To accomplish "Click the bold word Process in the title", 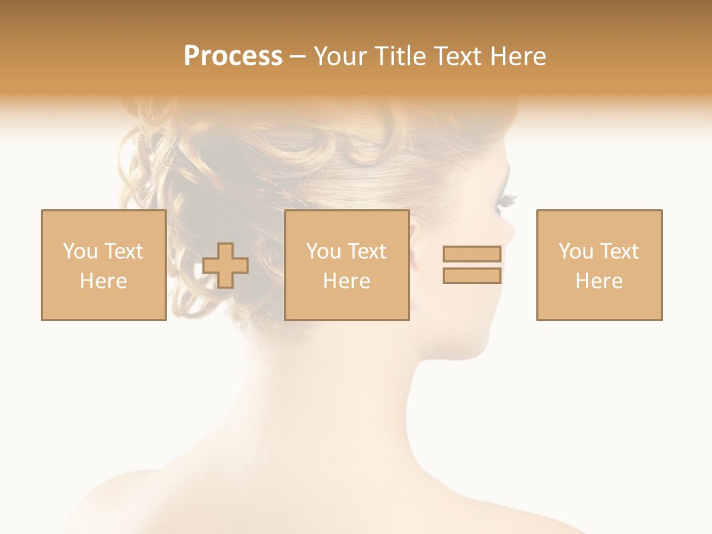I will tap(233, 56).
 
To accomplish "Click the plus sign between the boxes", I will tap(225, 266).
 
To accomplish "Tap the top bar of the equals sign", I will tap(472, 254).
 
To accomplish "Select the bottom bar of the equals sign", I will tap(472, 276).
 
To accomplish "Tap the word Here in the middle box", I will tap(346, 281).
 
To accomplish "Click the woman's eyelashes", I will tap(507, 199).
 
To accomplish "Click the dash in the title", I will tap(297, 57).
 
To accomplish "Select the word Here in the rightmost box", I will tap(599, 281).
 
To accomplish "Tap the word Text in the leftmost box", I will tap(123, 251).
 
